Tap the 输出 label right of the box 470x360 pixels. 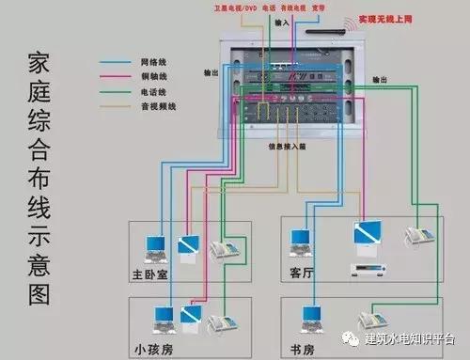click(x=379, y=80)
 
